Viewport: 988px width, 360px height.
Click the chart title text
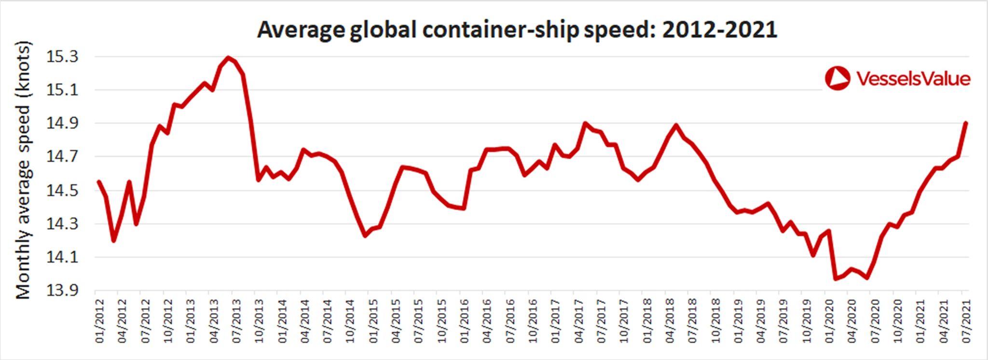click(x=517, y=30)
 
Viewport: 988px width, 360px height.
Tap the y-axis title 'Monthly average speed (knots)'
click(x=23, y=170)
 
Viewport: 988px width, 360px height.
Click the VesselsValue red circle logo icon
click(x=837, y=78)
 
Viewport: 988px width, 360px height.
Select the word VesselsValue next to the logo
click(x=913, y=79)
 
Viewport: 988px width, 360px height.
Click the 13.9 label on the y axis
click(x=62, y=291)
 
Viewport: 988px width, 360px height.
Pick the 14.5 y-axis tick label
click(x=62, y=191)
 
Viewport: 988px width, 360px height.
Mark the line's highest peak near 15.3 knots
click(x=229, y=58)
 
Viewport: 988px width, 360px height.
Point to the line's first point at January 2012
click(x=98, y=182)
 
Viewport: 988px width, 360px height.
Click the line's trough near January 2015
click(x=365, y=235)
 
